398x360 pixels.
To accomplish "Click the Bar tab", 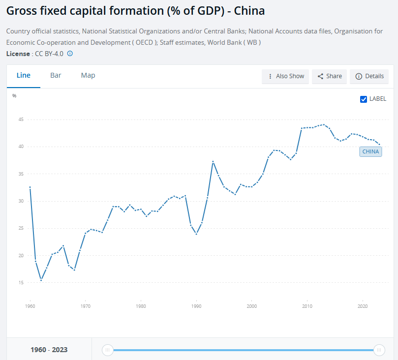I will click(56, 75).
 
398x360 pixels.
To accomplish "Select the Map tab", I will click(88, 75).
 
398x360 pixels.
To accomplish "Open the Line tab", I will click(24, 75).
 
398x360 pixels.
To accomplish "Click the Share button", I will click(330, 76).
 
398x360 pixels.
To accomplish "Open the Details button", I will click(369, 76).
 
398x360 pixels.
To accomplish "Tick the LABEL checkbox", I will click(364, 99).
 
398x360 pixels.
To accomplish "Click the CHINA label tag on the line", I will click(370, 151).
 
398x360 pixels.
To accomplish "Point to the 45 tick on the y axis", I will click(21, 119).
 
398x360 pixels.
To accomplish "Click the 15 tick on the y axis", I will click(21, 282).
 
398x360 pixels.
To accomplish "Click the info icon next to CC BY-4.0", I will click(70, 53).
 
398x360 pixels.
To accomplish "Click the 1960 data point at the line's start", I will click(30, 187).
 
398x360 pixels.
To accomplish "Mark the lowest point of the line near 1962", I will click(41, 280).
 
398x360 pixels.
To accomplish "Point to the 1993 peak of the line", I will click(213, 161).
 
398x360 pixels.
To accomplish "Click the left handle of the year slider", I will click(107, 350).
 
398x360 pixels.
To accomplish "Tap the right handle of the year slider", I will click(379, 350).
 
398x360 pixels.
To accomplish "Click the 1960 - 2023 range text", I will click(49, 350).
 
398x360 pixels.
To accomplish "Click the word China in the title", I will click(248, 10).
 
